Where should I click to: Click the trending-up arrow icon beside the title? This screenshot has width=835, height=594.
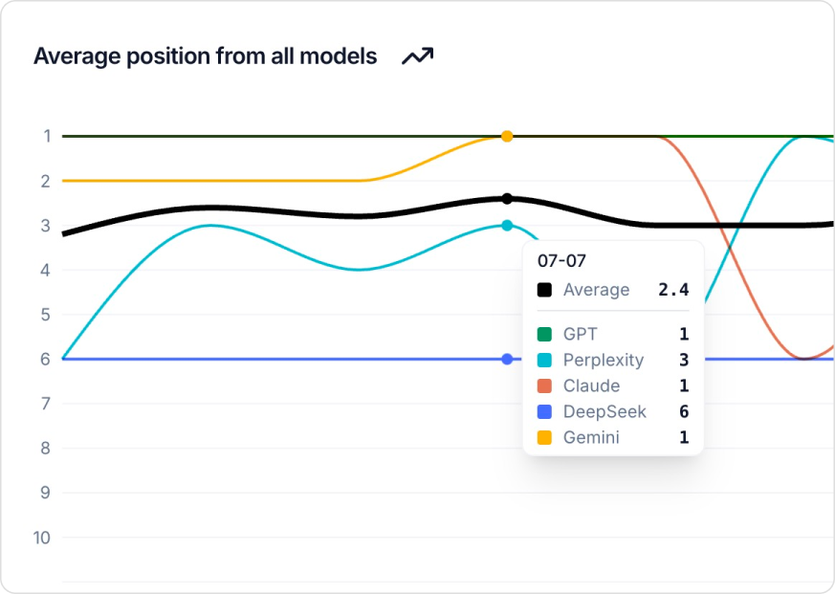point(417,56)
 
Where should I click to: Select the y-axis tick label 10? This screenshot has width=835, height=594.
point(41,538)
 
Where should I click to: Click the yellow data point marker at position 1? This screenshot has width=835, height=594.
point(507,136)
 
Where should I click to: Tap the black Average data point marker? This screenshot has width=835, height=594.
point(507,199)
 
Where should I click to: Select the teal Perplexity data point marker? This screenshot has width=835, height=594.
point(507,226)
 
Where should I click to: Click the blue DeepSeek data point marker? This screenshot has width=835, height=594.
point(507,359)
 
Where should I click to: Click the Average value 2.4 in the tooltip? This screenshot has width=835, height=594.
point(673,290)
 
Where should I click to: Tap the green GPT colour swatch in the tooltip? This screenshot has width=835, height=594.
point(544,335)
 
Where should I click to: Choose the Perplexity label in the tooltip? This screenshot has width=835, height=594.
point(604,361)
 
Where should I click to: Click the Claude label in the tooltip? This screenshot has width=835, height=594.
point(591,386)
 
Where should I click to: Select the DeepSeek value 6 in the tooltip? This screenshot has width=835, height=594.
point(684,412)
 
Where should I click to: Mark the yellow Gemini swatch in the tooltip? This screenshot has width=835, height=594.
point(544,438)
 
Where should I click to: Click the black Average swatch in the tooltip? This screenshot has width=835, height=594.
point(544,290)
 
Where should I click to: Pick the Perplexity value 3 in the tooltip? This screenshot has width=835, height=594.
point(684,361)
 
